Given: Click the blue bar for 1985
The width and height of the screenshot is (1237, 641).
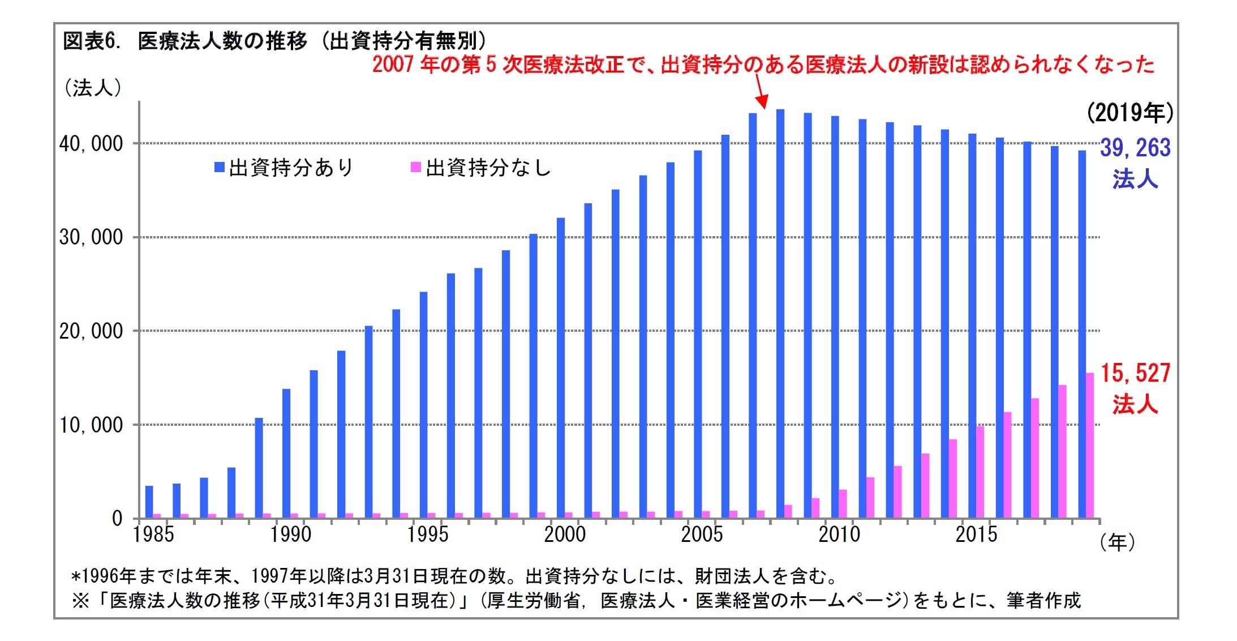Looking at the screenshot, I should (149, 502).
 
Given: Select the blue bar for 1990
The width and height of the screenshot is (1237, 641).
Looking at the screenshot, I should (286, 453).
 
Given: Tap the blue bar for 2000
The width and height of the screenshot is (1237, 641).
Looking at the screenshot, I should (561, 368).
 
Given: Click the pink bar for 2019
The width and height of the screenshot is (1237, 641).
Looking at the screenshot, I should (1090, 445).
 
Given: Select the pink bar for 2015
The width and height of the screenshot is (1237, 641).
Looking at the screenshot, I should (980, 472).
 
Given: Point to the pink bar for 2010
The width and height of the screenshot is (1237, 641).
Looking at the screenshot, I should (843, 503).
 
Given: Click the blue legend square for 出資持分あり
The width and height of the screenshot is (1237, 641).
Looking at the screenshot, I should (220, 167).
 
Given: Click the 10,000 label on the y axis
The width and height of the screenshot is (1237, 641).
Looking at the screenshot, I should (91, 425).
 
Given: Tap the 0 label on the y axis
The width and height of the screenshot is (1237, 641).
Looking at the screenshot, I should (117, 518).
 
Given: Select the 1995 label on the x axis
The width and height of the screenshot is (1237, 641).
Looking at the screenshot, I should (428, 535).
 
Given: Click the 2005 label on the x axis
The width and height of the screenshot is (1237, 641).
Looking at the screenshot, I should (702, 535).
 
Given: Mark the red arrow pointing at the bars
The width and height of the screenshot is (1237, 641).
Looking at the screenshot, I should (761, 92).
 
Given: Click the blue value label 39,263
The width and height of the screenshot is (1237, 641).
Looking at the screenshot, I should (1135, 148).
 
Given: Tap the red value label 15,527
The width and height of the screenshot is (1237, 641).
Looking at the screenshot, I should (1135, 373).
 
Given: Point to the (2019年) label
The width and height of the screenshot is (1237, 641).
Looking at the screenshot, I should (1130, 113).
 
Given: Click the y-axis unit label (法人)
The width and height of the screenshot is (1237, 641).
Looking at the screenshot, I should (93, 88).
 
